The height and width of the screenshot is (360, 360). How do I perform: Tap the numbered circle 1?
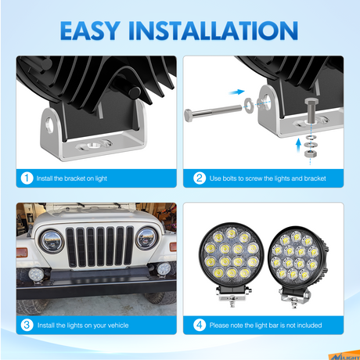(x=28, y=178)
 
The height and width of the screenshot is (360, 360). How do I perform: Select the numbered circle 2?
(x=199, y=178)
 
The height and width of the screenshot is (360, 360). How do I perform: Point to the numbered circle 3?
(x=28, y=325)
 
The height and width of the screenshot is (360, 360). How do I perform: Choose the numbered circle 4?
(x=199, y=325)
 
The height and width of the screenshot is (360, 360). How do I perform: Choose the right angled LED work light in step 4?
(x=299, y=261)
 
